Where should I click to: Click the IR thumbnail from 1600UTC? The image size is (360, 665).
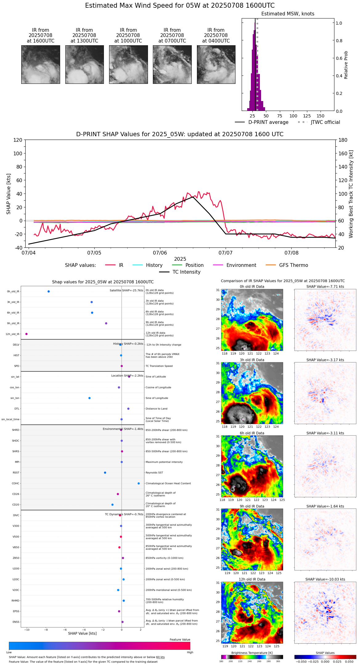tap(40, 64)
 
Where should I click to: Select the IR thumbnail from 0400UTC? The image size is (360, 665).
tap(216, 64)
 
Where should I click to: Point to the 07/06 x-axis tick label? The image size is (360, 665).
tap(160, 253)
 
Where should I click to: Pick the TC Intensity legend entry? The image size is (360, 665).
tap(186, 272)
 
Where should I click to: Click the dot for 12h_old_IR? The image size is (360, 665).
tap(27, 334)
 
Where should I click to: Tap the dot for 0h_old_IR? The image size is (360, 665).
tap(49, 292)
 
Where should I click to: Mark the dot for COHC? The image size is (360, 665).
tap(139, 483)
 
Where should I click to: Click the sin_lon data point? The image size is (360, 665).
tap(89, 398)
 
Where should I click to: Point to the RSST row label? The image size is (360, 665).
tap(16, 473)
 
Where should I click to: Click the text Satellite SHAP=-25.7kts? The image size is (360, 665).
tap(126, 291)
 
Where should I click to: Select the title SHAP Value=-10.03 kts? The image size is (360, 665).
tap(325, 579)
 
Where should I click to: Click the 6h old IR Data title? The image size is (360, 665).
tap(252, 433)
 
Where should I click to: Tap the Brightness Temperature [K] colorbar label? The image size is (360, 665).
tap(252, 653)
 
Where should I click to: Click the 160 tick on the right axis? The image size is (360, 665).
tap(343, 153)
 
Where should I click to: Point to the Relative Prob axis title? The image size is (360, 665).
tap(346, 65)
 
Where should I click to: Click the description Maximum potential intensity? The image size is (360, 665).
tap(164, 462)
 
